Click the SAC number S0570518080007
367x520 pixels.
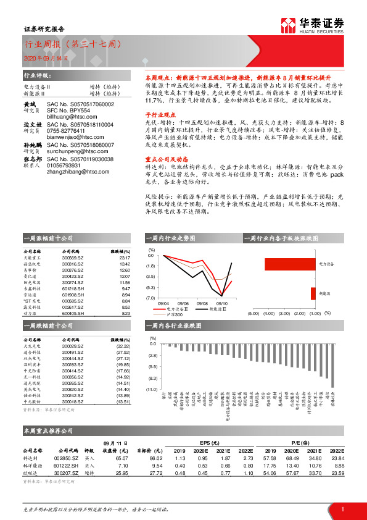[80, 143]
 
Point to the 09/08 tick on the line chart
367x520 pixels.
[202, 304]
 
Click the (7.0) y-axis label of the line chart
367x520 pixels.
[150, 298]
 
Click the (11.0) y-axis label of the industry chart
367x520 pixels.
[151, 389]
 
